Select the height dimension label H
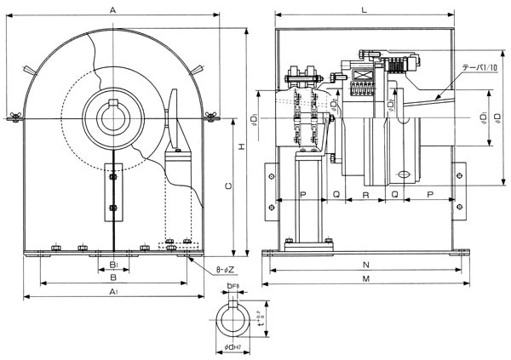241,146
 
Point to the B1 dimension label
113,265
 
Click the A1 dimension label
113,292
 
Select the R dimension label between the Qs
365,196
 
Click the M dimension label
365,279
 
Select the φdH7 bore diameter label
235,349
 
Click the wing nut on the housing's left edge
14,116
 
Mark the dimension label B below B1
113,277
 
